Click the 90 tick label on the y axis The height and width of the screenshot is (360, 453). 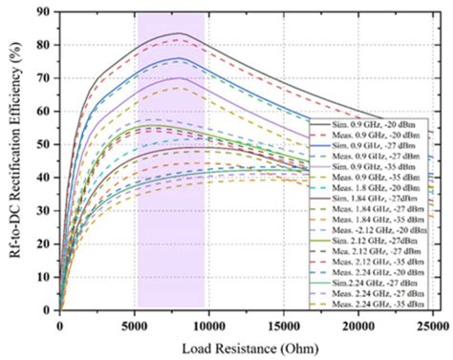point(44,12)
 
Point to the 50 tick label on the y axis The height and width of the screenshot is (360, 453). point(44,144)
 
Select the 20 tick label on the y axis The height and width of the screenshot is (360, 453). point(44,244)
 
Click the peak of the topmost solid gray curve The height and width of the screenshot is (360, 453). point(178,32)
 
